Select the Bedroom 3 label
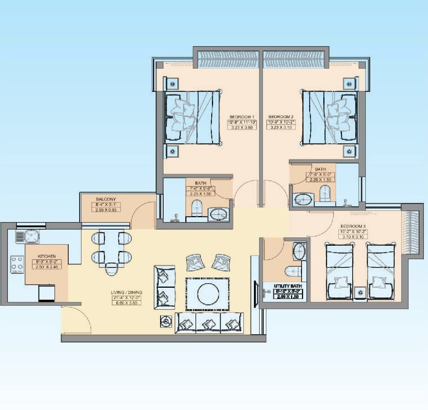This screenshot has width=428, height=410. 353,226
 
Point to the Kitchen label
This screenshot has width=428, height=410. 47,257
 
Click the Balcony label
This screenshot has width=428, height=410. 106,199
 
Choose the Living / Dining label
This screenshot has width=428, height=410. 126,292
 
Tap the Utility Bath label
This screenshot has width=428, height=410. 288,286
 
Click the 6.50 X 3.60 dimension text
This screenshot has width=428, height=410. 126,302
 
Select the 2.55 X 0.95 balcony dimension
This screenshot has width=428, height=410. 106,210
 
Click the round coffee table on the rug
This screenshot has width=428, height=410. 208,293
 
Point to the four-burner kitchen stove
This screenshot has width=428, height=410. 17,263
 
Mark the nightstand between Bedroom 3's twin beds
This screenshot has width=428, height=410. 360,293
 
